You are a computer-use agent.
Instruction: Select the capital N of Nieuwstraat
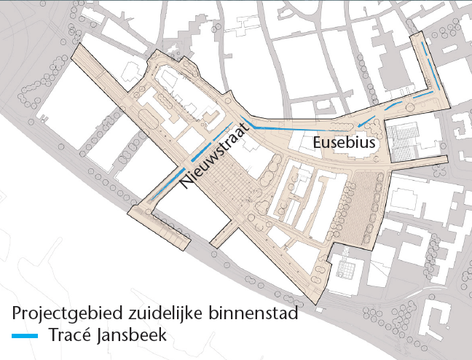pyautogui.click(x=188, y=184)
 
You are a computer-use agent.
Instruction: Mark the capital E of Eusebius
pyautogui.click(x=318, y=144)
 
